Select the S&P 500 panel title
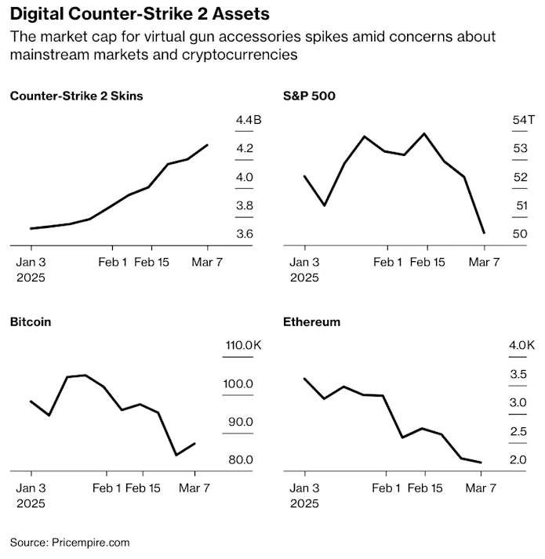coord(308,96)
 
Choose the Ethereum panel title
coord(312,321)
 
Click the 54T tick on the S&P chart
coord(523,120)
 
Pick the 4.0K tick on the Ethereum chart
coord(521,346)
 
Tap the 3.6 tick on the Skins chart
coord(245,234)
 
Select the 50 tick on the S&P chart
coord(520,234)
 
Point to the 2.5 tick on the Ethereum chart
coord(518,431)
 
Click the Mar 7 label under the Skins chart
coord(208,262)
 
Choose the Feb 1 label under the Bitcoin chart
coord(108,488)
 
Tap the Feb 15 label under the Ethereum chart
coord(426,488)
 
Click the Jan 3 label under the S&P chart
coord(305,262)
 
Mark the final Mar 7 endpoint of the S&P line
coord(484,233)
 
